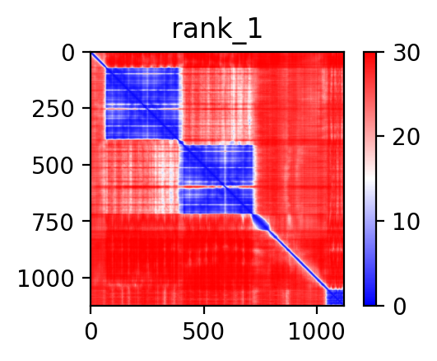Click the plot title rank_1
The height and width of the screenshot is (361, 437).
217,30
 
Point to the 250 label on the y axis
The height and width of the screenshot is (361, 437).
53,110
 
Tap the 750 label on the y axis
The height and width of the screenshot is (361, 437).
53,223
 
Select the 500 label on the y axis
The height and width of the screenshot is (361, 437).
53,166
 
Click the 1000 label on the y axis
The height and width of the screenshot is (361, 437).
46,279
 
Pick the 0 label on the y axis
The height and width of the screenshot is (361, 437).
67,54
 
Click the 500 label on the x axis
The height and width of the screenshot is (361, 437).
203,332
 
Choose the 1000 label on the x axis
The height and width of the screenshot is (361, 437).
316,332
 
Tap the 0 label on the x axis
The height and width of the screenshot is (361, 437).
91,332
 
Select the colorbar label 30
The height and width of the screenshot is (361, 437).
406,53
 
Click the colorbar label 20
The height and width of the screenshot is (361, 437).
406,137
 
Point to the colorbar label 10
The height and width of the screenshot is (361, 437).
406,223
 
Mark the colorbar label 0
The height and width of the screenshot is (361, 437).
399,307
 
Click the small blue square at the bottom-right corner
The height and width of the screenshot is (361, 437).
335,297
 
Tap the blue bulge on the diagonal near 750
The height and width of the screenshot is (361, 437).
261,223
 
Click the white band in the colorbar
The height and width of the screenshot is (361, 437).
370,179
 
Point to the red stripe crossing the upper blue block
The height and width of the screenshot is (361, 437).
143,109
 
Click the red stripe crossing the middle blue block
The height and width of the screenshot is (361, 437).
216,187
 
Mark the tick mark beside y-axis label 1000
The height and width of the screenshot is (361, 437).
86,278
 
